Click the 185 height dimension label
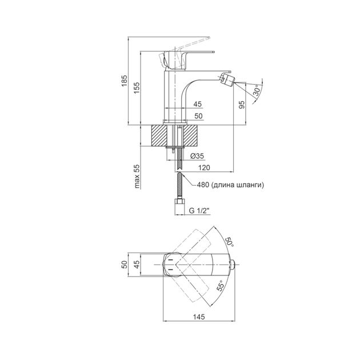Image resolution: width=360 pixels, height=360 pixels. pyautogui.click(x=124, y=81)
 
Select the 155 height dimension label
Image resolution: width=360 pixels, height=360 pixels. pyautogui.click(x=137, y=87)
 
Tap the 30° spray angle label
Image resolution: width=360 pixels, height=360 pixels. pyautogui.click(x=257, y=90)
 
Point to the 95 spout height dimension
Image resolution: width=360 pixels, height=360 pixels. pyautogui.click(x=242, y=105)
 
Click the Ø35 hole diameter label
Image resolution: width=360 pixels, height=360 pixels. pyautogui.click(x=197, y=156)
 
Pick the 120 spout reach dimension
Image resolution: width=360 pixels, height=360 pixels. pyautogui.click(x=204, y=167)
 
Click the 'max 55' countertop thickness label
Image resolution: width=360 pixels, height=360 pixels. pyautogui.click(x=137, y=177)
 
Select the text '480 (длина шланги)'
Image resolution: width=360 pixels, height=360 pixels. pyautogui.click(x=230, y=185)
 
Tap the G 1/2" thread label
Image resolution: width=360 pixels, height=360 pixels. pyautogui.click(x=199, y=210)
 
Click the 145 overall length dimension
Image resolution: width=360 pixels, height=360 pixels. pyautogui.click(x=199, y=317)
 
